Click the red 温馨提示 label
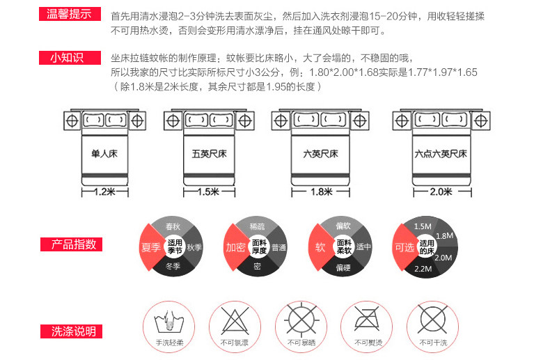(x=67, y=13)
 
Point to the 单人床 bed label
(x=104, y=154)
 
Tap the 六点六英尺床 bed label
(x=439, y=154)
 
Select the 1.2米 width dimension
(x=104, y=191)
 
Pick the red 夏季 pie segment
(x=150, y=247)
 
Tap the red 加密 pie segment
(x=234, y=247)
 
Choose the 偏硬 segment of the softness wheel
(x=343, y=267)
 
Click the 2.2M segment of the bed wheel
(x=423, y=268)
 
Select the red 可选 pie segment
(x=404, y=247)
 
